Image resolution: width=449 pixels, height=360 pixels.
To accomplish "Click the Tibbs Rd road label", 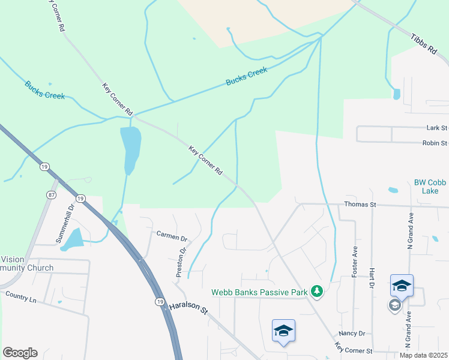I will pos(423,44).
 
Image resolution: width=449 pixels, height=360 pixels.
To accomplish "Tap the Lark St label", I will pos(436,128).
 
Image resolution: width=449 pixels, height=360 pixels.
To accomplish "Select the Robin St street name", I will pos(435,143).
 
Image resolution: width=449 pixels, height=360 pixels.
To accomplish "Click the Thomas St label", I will pos(360,205).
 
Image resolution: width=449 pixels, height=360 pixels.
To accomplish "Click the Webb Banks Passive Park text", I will pos(259,292).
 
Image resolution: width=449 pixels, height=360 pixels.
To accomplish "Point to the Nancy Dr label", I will pos(352,333).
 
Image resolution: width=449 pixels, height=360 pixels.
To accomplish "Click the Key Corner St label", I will pos(354,349).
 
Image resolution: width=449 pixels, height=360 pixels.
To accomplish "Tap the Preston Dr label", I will pos(181,263).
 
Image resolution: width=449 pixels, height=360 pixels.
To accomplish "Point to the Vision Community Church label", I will pos(26,263).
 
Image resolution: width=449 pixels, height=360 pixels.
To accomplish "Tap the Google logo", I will pos(20,353).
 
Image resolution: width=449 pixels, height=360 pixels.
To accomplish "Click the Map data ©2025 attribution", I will pos(423,355).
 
